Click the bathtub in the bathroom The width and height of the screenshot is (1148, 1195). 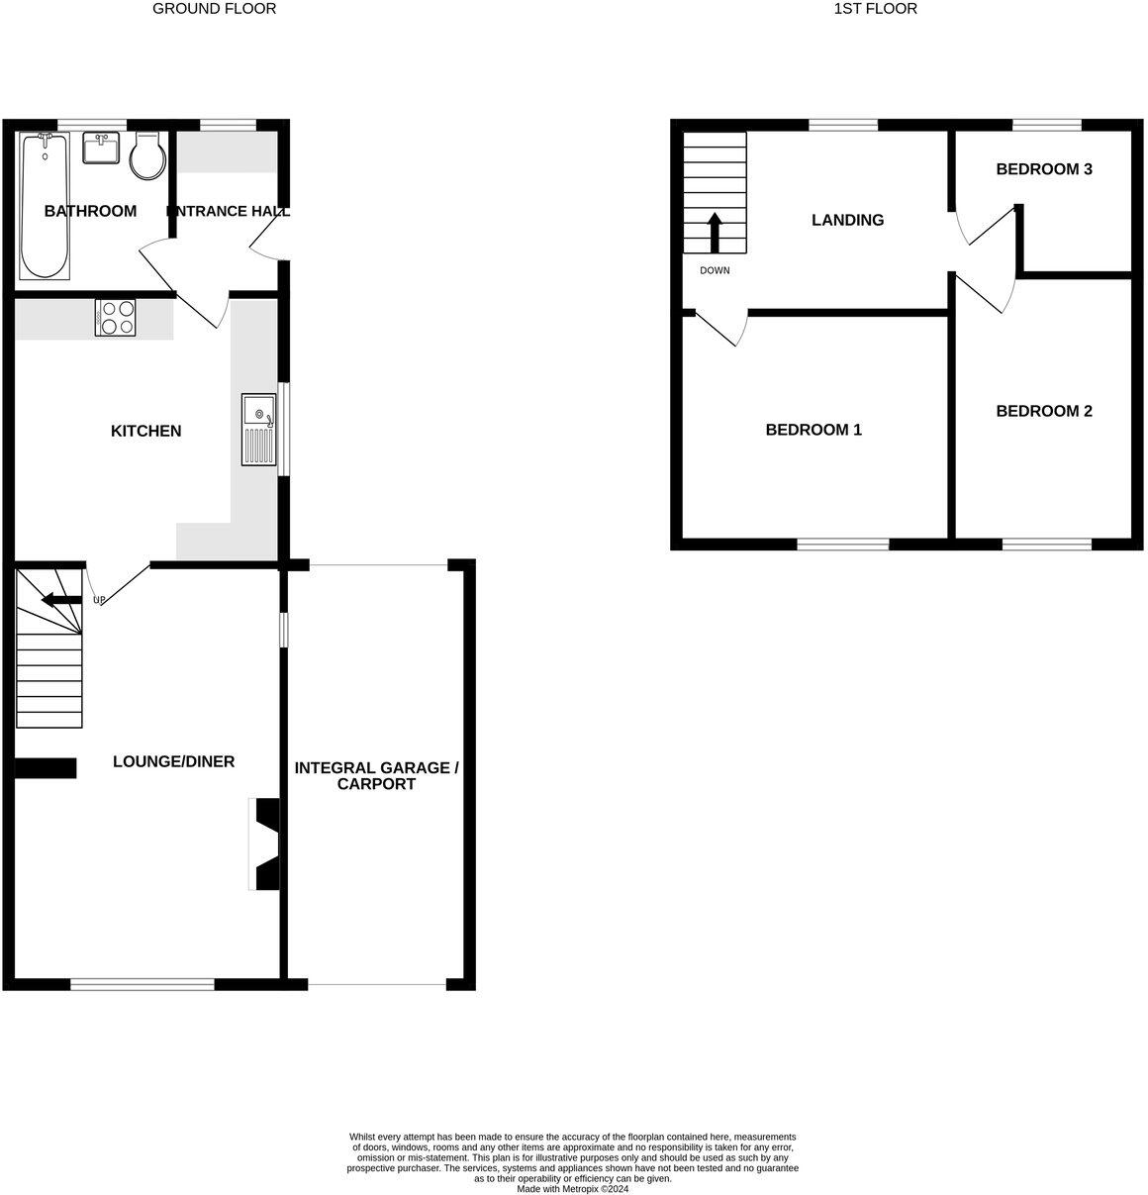(45, 205)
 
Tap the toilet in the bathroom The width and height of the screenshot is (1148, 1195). (147, 155)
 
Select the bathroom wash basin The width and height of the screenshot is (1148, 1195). (102, 149)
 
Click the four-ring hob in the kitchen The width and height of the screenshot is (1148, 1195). (115, 318)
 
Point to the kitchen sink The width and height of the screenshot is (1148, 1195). (258, 430)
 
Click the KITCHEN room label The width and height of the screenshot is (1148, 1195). (145, 431)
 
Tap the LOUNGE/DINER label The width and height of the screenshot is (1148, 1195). (174, 761)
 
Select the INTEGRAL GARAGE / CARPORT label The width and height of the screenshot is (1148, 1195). (376, 775)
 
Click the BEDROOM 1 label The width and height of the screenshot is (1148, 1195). (813, 430)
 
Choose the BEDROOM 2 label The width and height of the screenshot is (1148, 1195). (1043, 411)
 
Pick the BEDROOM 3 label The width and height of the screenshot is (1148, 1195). (1043, 169)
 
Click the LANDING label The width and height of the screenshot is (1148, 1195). (847, 220)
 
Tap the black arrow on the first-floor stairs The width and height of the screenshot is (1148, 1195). (715, 234)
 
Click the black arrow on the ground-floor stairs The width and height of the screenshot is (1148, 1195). (61, 599)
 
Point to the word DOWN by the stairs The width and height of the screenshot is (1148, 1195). (715, 270)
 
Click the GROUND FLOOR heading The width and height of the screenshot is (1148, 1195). (214, 9)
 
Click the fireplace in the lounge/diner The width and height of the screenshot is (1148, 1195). (266, 845)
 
